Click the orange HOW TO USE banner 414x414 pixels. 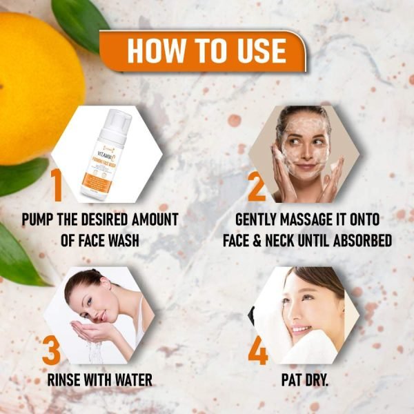[x=206, y=51]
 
